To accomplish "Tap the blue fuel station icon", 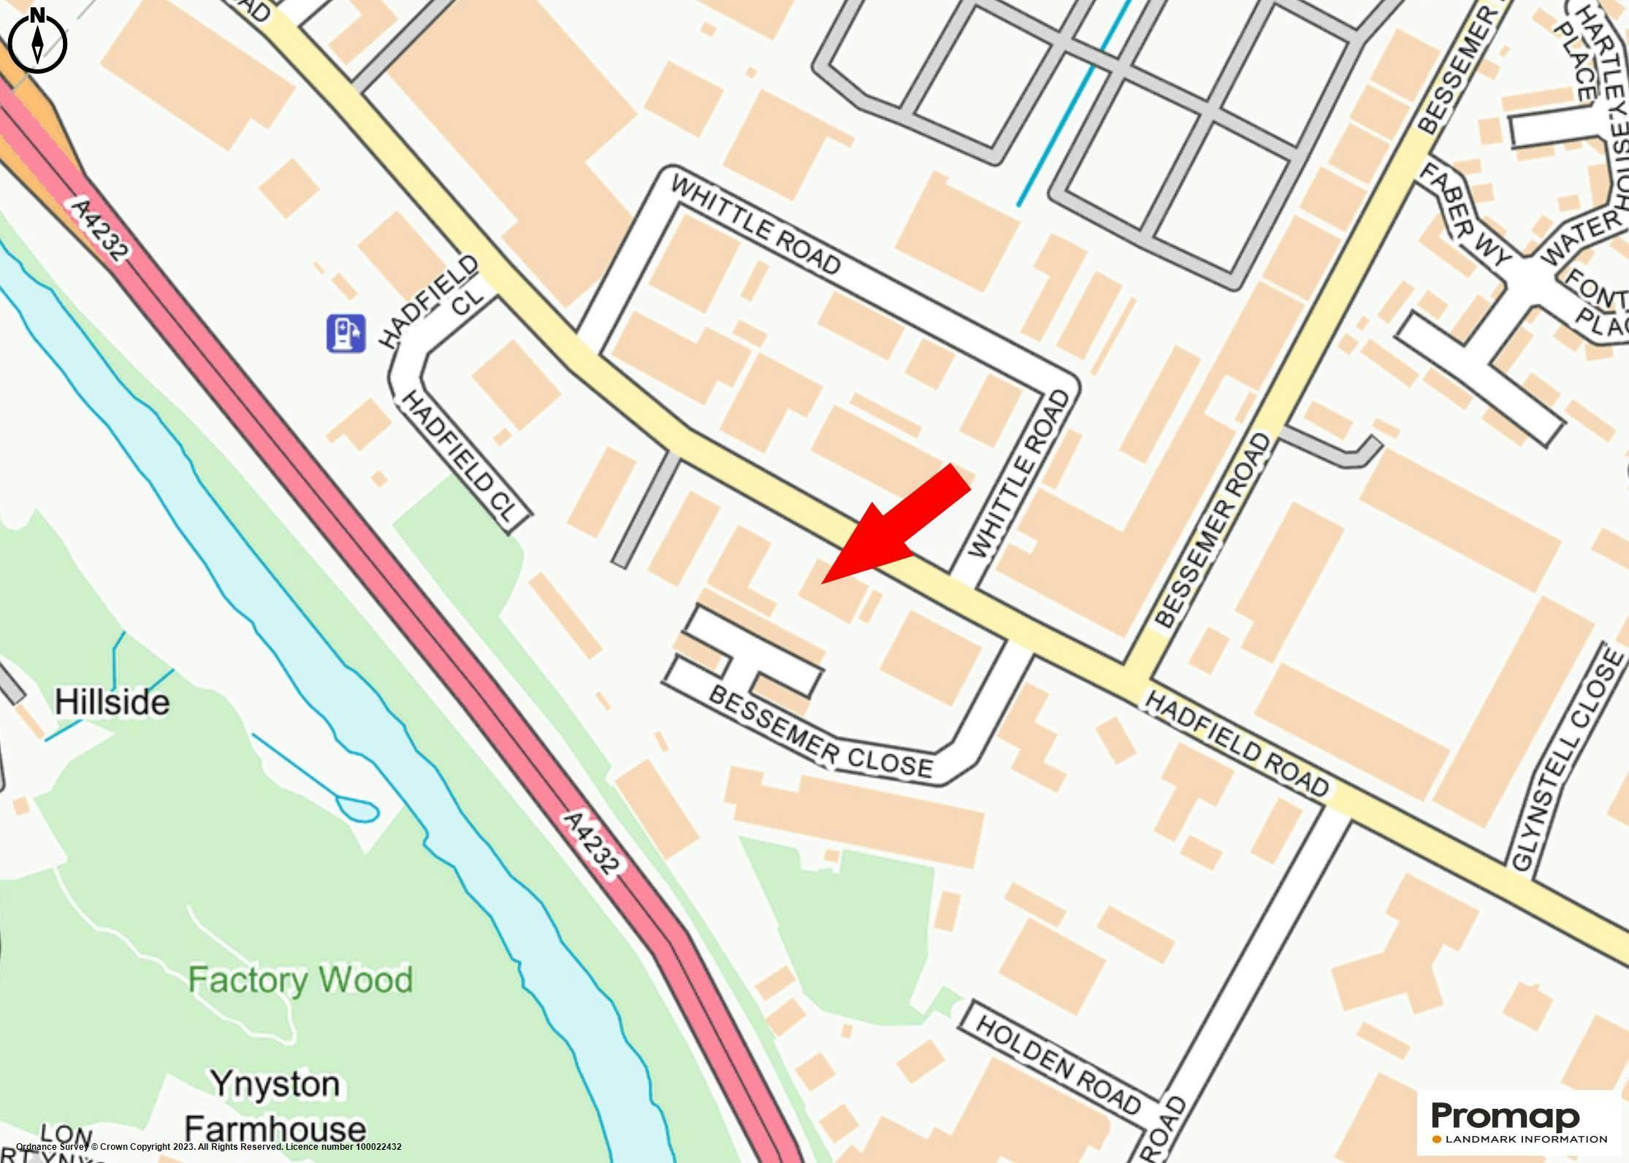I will tap(346, 334).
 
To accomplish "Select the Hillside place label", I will tap(112, 702).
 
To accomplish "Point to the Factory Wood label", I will tap(300, 980).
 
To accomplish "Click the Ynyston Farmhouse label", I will tap(275, 1107).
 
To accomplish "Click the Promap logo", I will tap(1505, 1117).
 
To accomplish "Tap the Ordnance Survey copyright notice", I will tap(209, 1147).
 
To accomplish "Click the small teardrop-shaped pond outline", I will tap(357, 809).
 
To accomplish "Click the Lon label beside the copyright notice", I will tap(66, 1136).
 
